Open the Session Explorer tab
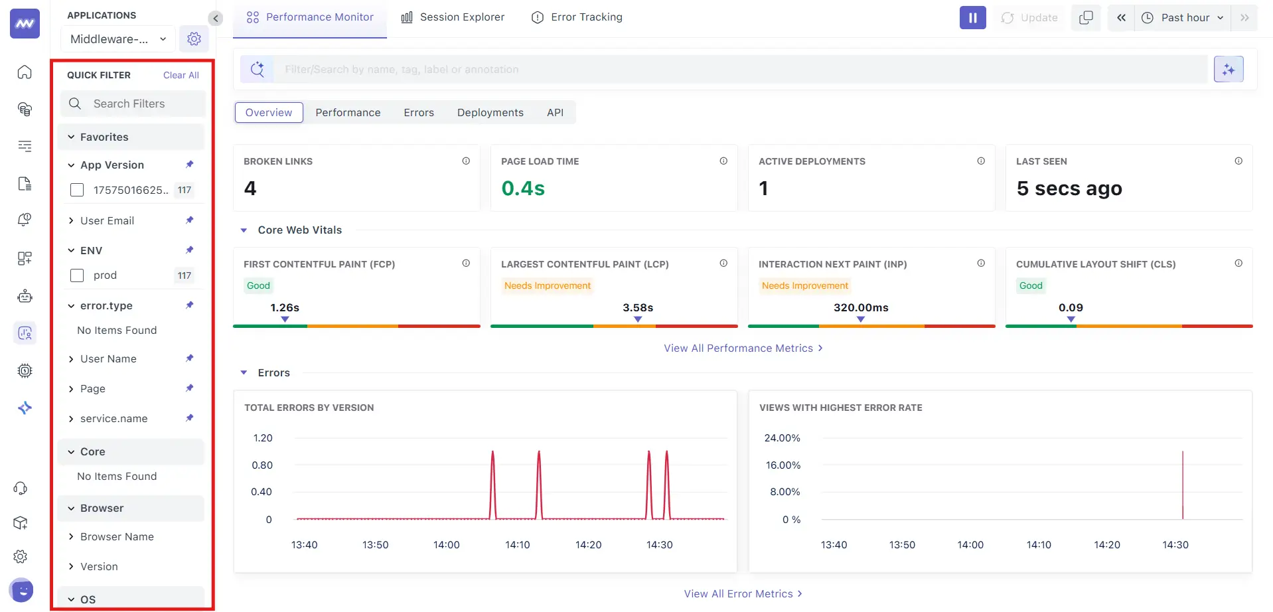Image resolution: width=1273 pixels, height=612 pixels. coord(453,17)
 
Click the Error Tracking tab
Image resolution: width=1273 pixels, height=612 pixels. coord(577,17)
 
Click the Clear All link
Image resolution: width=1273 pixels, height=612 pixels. coord(181,75)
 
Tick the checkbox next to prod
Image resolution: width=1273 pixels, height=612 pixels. coord(77,275)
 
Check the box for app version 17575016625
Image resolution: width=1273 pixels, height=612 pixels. coord(77,191)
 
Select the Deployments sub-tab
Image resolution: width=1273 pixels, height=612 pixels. coord(490,113)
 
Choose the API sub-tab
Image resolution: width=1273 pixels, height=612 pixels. coord(555,113)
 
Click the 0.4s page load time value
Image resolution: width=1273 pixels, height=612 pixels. coord(522,189)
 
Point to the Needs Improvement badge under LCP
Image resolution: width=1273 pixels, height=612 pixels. coord(547,286)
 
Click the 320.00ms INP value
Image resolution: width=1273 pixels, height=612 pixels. coord(860,308)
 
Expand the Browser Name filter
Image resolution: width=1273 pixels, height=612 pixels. coord(117,537)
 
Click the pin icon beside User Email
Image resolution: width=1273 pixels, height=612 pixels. coord(190,220)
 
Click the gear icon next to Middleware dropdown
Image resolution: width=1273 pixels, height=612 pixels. coord(194,39)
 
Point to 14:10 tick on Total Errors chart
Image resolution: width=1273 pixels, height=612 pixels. coord(517,545)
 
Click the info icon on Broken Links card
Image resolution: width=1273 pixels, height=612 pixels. coord(466,161)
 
